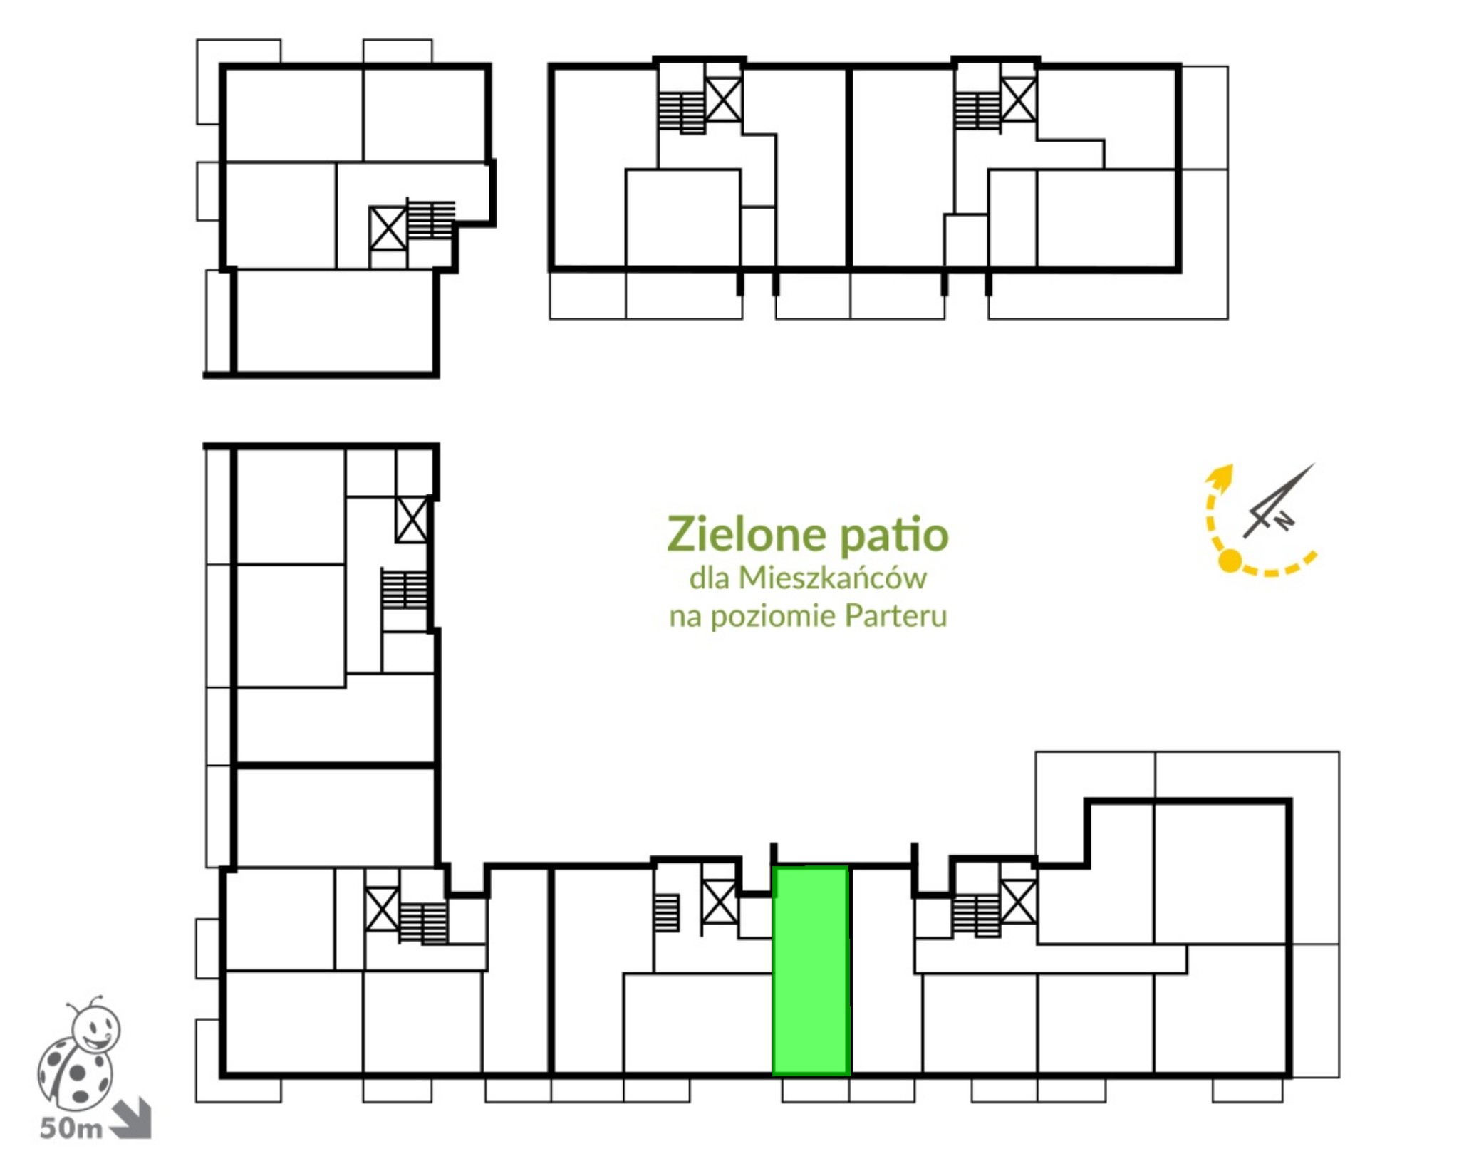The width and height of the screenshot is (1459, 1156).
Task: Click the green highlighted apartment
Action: point(811,971)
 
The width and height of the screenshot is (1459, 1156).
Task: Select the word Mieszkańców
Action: point(832,578)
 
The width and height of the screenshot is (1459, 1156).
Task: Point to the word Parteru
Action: point(895,615)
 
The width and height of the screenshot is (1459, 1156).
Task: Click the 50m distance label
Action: point(71,1128)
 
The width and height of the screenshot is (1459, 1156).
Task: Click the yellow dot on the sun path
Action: point(1230,561)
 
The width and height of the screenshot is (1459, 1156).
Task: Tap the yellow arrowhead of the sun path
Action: point(1222,476)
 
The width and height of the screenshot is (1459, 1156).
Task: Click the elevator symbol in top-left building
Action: point(388,229)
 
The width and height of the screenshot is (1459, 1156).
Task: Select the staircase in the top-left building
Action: point(430,218)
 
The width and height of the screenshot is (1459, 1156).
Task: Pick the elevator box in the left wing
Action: point(412,519)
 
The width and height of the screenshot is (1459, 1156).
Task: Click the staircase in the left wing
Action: point(405,588)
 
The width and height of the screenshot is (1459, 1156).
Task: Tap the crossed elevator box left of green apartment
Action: point(720,903)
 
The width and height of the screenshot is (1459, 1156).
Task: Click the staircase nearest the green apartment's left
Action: point(667,912)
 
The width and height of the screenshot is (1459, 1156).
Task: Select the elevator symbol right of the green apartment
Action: point(1019,902)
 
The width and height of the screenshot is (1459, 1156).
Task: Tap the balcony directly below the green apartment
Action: point(816,1090)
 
